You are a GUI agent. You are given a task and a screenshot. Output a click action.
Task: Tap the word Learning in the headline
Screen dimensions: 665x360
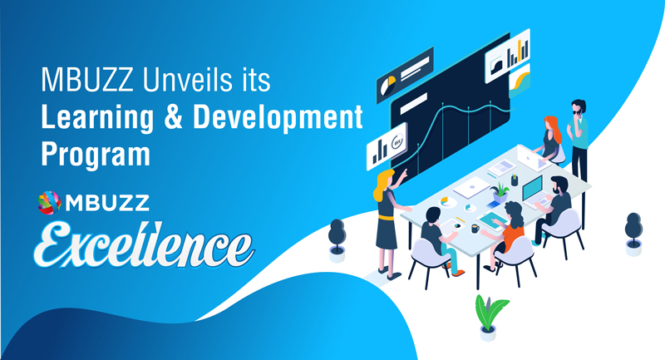[97, 117]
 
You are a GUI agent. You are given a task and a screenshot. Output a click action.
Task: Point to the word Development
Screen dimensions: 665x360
[278, 117]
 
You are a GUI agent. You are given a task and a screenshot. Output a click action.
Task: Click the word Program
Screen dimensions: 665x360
[96, 154]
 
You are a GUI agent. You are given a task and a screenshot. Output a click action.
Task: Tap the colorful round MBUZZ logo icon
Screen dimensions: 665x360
[49, 203]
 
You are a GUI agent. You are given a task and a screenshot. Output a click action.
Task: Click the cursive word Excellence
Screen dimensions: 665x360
[144, 245]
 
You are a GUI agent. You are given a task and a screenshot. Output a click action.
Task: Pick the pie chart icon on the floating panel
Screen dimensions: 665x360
[388, 86]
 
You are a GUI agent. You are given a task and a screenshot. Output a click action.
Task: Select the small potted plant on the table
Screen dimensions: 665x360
[500, 193]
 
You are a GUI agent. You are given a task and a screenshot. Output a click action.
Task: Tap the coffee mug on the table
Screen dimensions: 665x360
[475, 229]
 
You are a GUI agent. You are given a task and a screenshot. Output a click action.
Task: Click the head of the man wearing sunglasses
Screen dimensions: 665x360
[578, 107]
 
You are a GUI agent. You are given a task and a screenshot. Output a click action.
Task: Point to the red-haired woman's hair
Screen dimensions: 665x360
[553, 129]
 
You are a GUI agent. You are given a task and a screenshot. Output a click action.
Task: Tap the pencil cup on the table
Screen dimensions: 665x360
[515, 180]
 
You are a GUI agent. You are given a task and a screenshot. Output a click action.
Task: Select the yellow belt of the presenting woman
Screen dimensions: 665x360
[386, 217]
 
